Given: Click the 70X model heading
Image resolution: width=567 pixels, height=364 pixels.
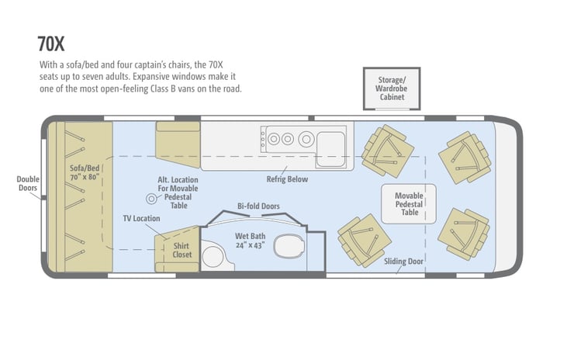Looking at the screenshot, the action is pyautogui.click(x=51, y=43).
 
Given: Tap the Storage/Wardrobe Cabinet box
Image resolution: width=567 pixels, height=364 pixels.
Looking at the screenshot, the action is pyautogui.click(x=392, y=88).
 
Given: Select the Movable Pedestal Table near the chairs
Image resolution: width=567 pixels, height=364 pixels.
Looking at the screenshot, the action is pyautogui.click(x=409, y=203).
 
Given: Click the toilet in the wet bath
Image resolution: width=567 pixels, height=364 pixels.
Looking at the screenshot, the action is pyautogui.click(x=289, y=246).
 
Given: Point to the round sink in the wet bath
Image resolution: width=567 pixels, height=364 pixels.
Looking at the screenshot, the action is pyautogui.click(x=213, y=257).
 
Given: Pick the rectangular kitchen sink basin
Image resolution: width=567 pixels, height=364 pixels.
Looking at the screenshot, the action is pyautogui.click(x=330, y=150).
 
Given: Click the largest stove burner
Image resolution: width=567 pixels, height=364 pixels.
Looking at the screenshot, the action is pyautogui.click(x=306, y=139).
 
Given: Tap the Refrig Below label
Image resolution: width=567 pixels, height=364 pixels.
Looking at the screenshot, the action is pyautogui.click(x=287, y=179).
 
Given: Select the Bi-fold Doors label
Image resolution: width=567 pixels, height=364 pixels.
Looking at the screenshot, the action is pyautogui.click(x=258, y=206).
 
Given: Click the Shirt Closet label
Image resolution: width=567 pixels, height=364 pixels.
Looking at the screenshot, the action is pyautogui.click(x=182, y=250).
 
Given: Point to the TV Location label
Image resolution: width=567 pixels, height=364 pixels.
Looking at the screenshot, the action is pyautogui.click(x=141, y=218).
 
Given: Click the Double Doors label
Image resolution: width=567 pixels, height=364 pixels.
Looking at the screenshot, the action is pyautogui.click(x=28, y=183).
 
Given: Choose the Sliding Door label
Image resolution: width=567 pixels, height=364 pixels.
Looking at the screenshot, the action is pyautogui.click(x=403, y=262).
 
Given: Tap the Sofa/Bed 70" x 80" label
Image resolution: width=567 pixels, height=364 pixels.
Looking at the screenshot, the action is pyautogui.click(x=85, y=172).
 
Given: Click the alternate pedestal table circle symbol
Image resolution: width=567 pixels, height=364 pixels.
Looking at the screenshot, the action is pyautogui.click(x=151, y=199).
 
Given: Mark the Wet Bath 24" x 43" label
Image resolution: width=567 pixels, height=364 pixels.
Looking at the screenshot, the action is pyautogui.click(x=251, y=241).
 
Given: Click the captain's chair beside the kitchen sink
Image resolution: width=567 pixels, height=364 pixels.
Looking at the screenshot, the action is pyautogui.click(x=388, y=151).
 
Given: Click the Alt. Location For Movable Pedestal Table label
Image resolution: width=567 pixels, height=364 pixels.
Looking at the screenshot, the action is pyautogui.click(x=178, y=192).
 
